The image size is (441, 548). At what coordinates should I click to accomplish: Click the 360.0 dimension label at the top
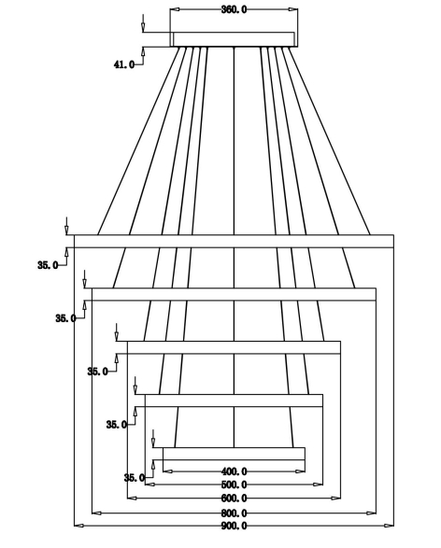[x=234, y=9]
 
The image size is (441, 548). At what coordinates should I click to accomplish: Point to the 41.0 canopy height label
[x=124, y=64]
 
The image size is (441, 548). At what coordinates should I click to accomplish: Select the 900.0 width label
[x=234, y=526]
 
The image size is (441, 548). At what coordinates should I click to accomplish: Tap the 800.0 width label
[x=234, y=513]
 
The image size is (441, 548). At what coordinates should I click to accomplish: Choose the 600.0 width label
[x=234, y=498]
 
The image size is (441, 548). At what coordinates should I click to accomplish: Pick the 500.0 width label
[x=234, y=485]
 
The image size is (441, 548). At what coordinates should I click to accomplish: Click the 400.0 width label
[x=234, y=471]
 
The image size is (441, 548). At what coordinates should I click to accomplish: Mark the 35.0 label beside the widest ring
[x=48, y=265]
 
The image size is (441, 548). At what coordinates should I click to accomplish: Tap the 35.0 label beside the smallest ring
[x=135, y=478]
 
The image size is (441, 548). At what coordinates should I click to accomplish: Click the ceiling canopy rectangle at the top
[x=234, y=39]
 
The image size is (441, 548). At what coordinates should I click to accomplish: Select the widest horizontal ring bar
[x=234, y=241]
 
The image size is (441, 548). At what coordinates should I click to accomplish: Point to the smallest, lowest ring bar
[x=234, y=454]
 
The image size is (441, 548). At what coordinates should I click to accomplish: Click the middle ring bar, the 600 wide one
[x=234, y=347]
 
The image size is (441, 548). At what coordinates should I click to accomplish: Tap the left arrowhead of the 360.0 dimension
[x=175, y=9]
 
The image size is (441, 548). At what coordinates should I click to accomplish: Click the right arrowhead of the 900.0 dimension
[x=390, y=526]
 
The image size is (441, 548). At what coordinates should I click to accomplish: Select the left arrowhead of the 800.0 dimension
[x=96, y=513]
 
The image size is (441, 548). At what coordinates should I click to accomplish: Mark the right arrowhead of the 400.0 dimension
[x=300, y=471]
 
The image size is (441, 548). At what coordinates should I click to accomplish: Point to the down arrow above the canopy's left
[x=143, y=23]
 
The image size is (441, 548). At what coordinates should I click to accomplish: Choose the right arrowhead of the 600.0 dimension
[x=335, y=498]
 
